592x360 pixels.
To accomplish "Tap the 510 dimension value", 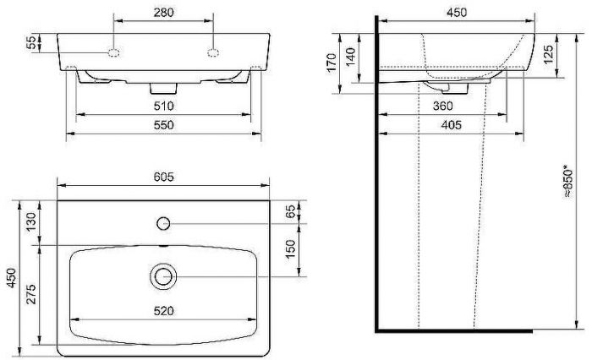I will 163,106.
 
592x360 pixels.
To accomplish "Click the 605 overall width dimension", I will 163,177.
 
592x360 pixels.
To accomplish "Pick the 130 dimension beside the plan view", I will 32,222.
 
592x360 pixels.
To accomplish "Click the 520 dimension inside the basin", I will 163,311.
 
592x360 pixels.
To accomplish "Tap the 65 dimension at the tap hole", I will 293,212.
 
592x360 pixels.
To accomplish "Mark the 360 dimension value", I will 442,106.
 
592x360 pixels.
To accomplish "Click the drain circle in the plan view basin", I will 162,276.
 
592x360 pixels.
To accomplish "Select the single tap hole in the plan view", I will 162,222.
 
